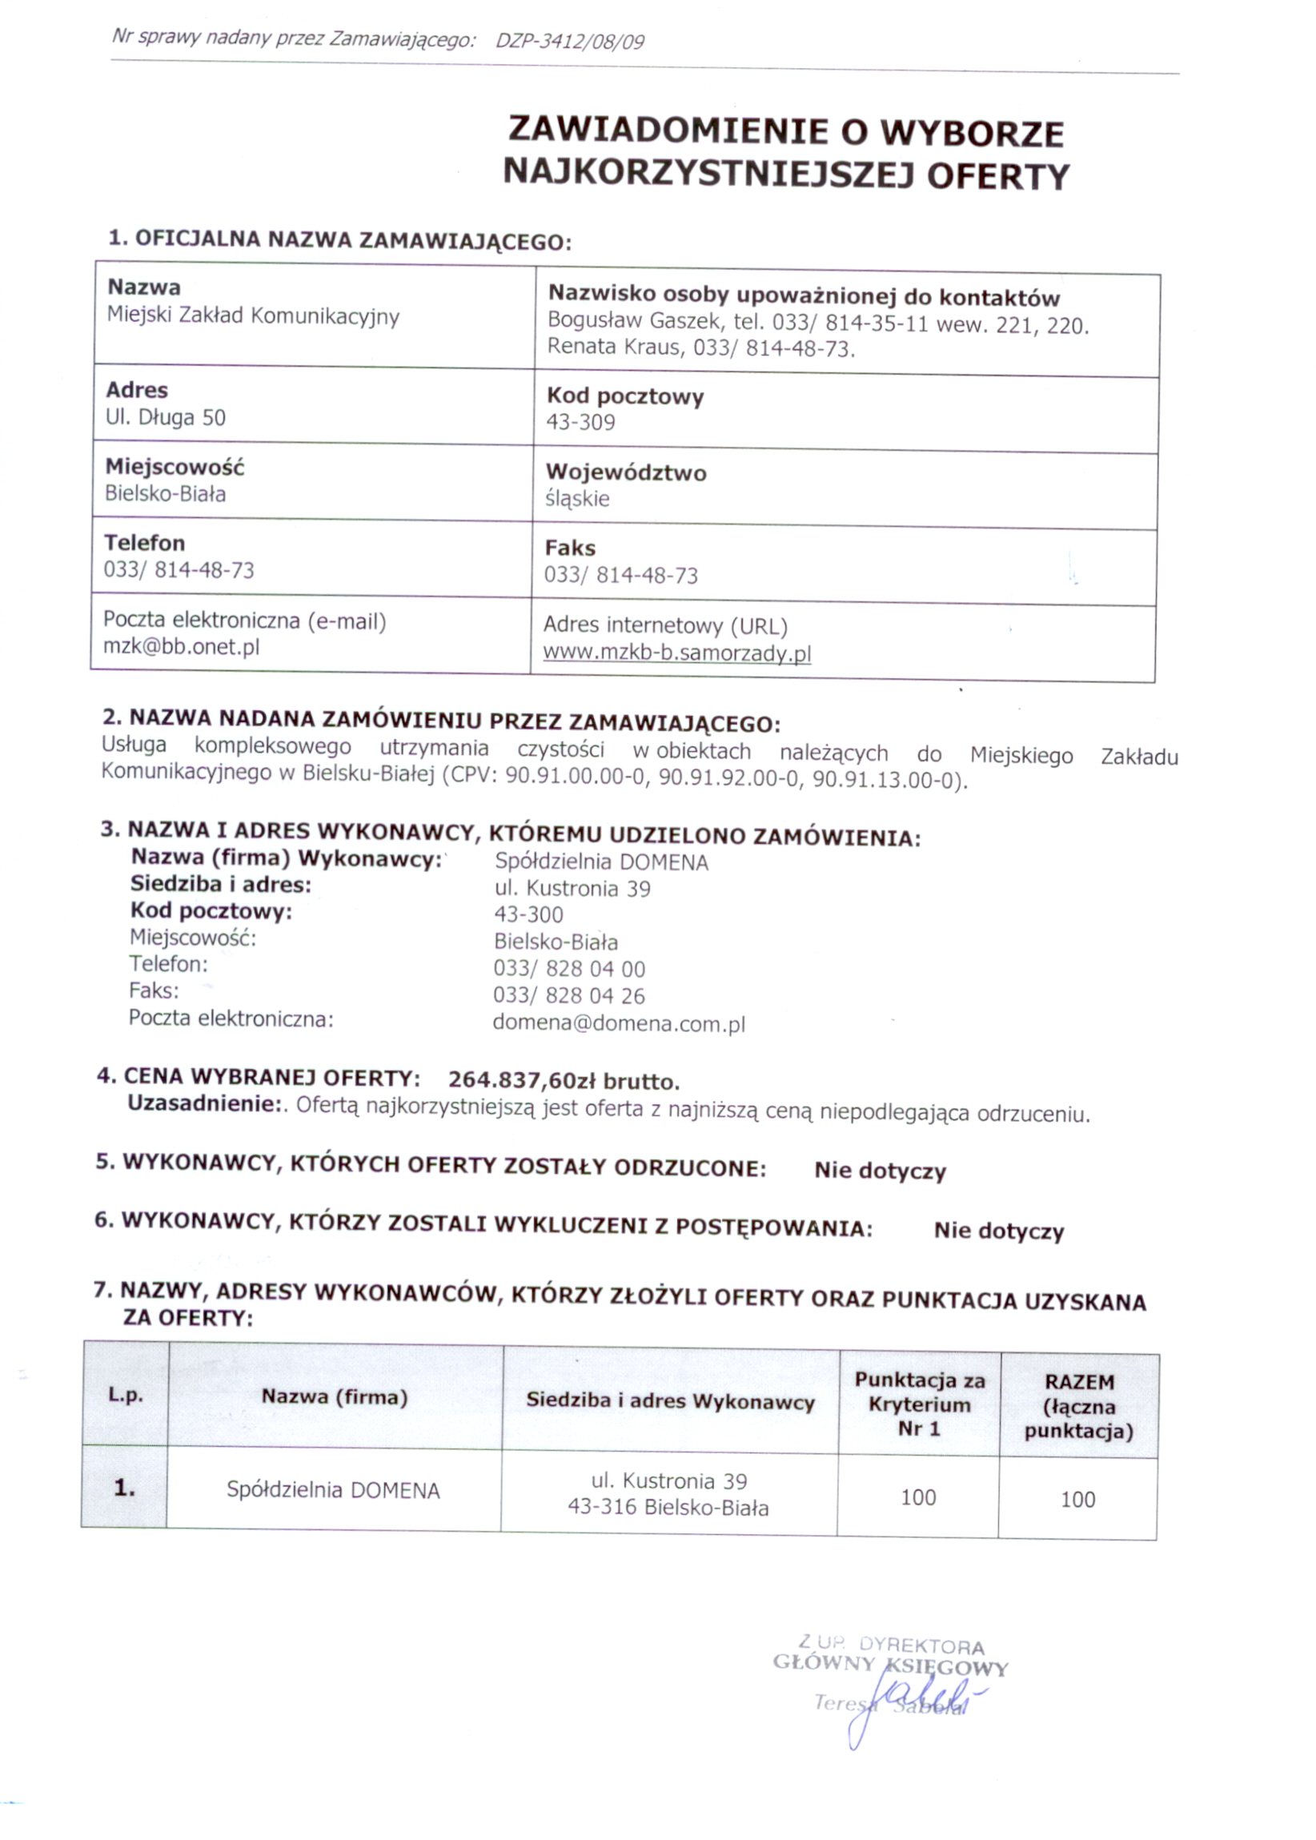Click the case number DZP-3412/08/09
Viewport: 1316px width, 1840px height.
click(x=570, y=42)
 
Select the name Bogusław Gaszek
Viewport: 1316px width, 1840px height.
click(x=634, y=322)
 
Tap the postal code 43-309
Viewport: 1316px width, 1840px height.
click(x=580, y=422)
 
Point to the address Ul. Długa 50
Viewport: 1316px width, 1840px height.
click(x=166, y=417)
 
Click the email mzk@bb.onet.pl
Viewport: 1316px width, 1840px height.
click(x=181, y=647)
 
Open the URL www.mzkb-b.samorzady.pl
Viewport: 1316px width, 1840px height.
click(x=676, y=653)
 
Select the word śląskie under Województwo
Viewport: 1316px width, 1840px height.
click(x=577, y=499)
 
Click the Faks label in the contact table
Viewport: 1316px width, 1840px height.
click(x=570, y=548)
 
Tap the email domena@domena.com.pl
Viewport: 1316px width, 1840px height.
click(x=618, y=1024)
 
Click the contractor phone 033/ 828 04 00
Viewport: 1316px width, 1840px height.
click(x=569, y=970)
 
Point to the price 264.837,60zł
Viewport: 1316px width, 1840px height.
click(x=522, y=1080)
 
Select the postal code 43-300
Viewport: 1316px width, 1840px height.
click(x=528, y=915)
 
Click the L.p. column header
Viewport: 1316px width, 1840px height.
click(x=126, y=1395)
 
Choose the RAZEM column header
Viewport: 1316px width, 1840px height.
click(x=1078, y=1382)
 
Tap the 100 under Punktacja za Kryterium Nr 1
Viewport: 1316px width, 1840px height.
click(x=918, y=1497)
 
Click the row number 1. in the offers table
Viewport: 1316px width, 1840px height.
click(x=124, y=1488)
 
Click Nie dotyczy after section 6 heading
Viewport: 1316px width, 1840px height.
click(x=998, y=1231)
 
